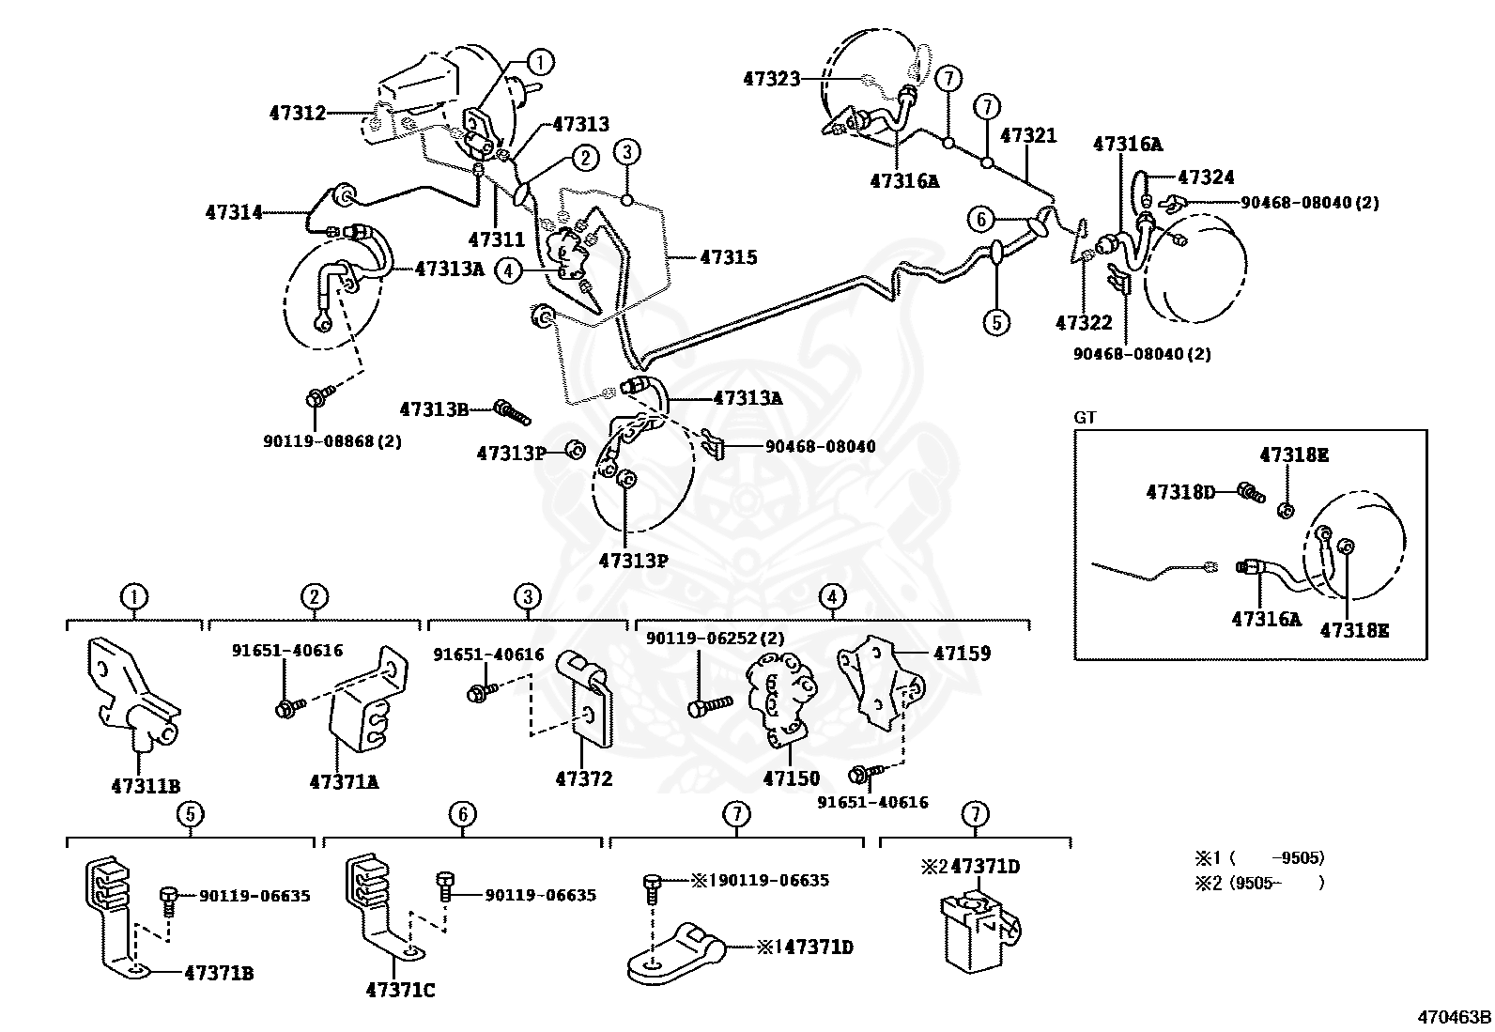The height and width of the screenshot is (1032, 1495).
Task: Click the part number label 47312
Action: pos(297,114)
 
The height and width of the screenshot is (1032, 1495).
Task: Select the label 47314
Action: pos(234,213)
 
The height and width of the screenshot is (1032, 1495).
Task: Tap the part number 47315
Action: pos(728,257)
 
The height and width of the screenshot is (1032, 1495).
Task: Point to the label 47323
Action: pos(771,80)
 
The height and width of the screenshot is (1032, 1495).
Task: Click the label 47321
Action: pos(1028,135)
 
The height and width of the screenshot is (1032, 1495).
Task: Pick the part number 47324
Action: pos(1206,177)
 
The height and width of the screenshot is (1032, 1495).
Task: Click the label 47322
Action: pos(1084,323)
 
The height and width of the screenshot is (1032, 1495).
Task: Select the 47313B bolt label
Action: pos(433,409)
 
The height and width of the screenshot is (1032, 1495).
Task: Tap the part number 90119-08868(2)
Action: pos(331,440)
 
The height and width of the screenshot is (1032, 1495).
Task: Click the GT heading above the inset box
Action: pos(1085,418)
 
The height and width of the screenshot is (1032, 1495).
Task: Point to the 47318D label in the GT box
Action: pos(1179,491)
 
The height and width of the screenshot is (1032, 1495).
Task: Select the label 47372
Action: pos(583,778)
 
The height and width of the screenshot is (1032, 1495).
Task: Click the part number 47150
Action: pos(791,778)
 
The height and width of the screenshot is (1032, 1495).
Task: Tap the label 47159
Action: pos(962,653)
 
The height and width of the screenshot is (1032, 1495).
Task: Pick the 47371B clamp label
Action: pos(219,974)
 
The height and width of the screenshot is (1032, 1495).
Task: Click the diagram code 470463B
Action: pos(1455,1017)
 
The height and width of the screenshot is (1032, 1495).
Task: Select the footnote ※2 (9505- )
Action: pos(1259,883)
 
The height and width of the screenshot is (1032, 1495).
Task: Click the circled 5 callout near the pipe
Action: pos(996,322)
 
